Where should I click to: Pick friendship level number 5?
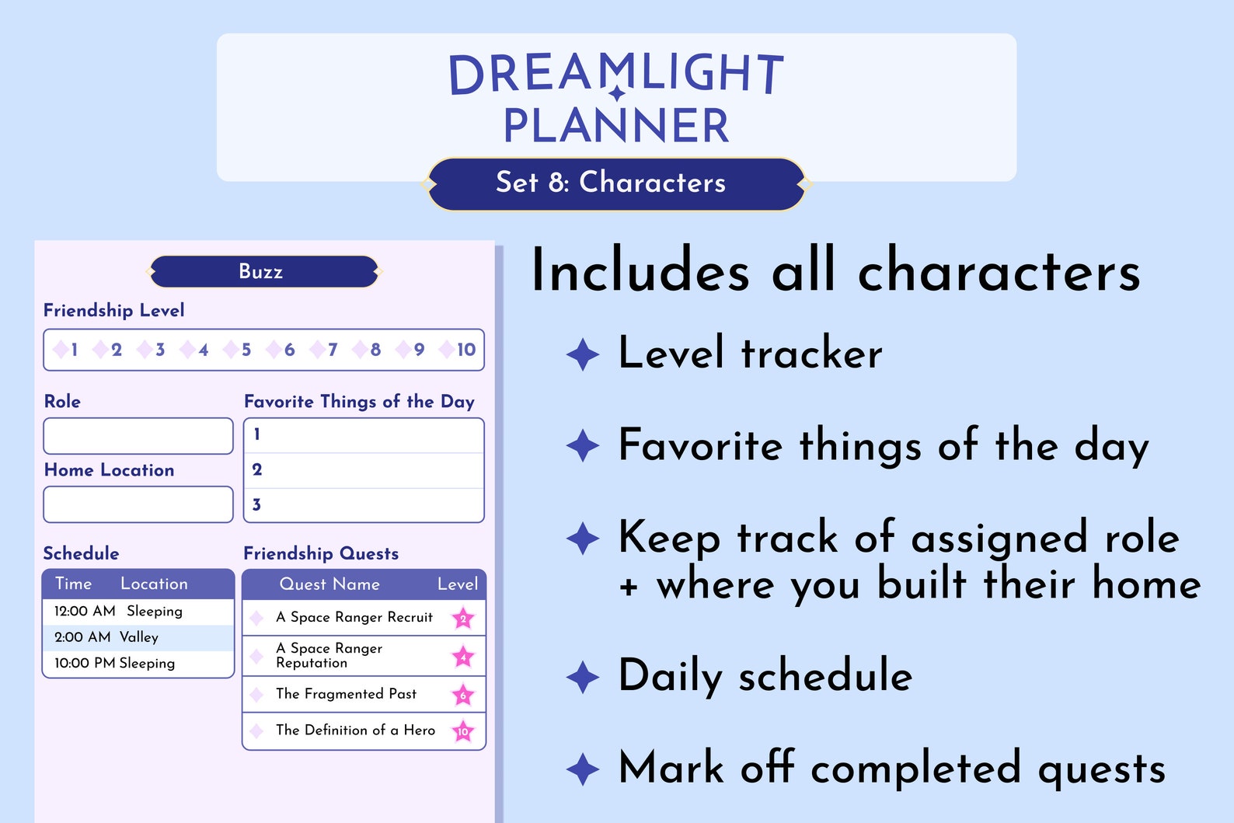coord(246,350)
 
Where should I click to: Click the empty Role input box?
coord(138,436)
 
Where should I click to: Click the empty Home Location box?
coord(138,504)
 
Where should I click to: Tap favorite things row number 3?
coord(364,505)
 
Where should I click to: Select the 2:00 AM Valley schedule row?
coord(138,637)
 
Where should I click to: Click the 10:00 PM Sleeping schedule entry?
coord(138,663)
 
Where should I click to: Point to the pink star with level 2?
coord(463,619)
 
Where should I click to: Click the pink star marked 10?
coord(463,731)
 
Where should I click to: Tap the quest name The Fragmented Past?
coord(346,694)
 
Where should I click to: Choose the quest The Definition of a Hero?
coord(355,731)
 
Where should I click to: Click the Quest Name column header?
coord(329,584)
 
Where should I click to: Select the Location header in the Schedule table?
coord(154,584)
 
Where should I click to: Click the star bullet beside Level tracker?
coord(583,354)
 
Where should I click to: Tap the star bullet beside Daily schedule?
coord(583,677)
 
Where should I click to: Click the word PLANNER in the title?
coord(616,126)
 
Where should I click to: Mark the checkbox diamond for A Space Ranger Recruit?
coord(256,619)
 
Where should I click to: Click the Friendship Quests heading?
coord(321,553)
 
